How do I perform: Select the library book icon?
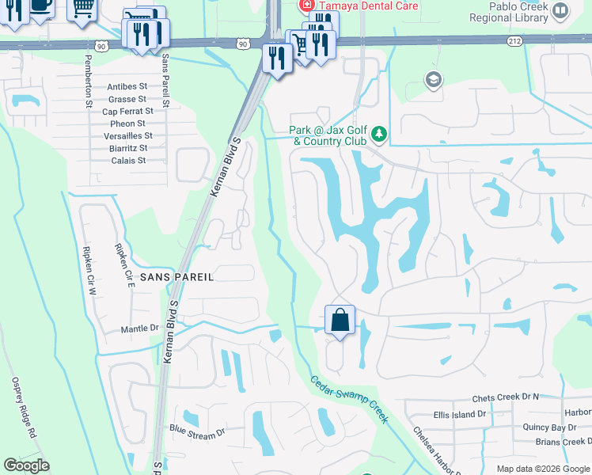[x=560, y=10]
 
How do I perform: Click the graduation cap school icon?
[x=433, y=79]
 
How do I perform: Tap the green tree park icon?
[x=379, y=135]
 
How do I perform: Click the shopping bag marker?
[x=340, y=321]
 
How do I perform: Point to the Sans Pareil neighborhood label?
[x=176, y=276]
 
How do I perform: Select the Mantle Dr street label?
[x=139, y=328]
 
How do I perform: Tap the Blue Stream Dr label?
[x=197, y=431]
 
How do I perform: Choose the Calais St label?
[x=130, y=160]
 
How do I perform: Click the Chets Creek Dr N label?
[x=505, y=397]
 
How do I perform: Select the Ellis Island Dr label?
[x=459, y=414]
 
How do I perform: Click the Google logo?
[x=26, y=465]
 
